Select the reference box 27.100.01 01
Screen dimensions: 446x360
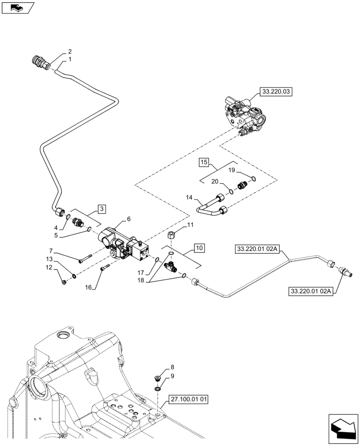click(x=188, y=399)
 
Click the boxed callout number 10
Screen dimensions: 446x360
click(x=199, y=247)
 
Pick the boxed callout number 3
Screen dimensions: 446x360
click(x=102, y=209)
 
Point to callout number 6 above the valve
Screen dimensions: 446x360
click(x=129, y=219)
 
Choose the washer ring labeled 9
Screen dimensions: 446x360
click(x=158, y=389)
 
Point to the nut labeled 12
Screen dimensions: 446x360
click(x=65, y=281)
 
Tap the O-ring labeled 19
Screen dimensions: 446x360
click(x=253, y=179)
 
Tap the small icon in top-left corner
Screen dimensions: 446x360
click(x=18, y=8)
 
